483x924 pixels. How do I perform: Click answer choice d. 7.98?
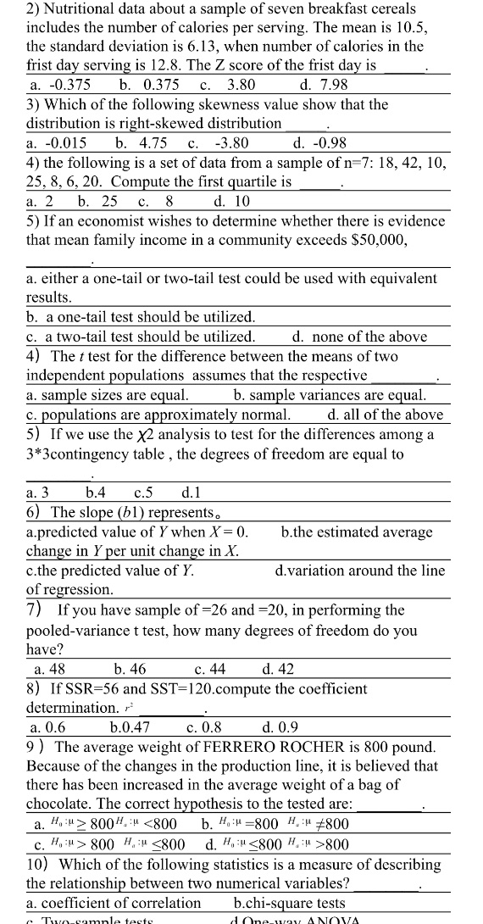click(x=324, y=85)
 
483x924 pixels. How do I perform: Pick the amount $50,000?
click(x=369, y=240)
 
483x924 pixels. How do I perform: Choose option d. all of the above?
click(x=385, y=415)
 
